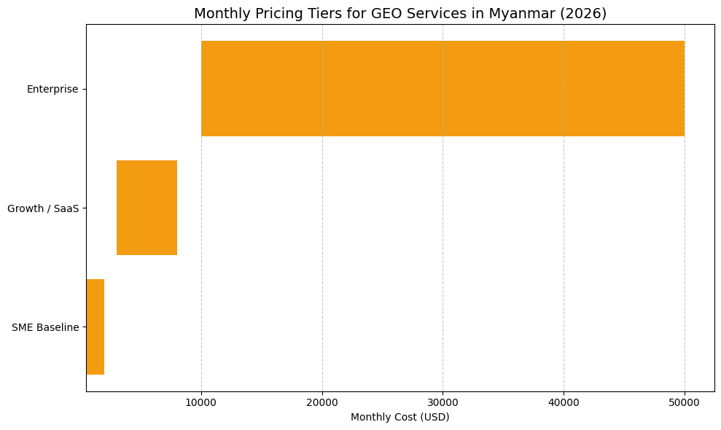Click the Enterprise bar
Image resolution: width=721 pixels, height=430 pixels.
(x=443, y=88)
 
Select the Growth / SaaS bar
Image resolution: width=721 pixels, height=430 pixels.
(x=147, y=208)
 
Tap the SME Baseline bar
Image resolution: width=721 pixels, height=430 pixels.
(x=96, y=327)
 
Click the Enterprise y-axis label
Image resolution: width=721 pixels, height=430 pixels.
(x=52, y=89)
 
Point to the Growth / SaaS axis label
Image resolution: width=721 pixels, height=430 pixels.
(x=43, y=208)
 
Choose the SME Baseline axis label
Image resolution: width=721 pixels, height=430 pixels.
(x=45, y=327)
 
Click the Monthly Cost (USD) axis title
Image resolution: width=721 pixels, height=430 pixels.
(x=400, y=418)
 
